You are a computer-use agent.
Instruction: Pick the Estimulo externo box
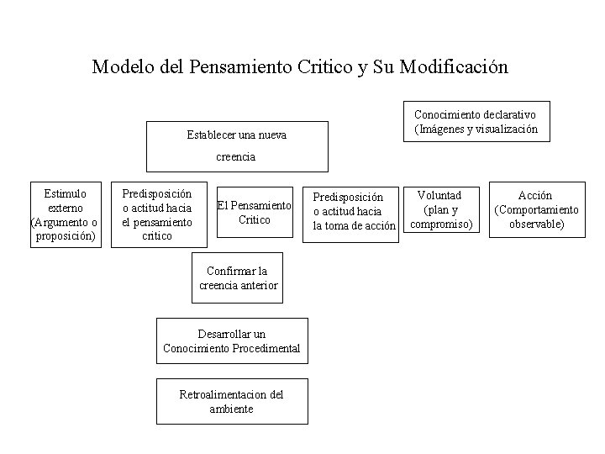[65, 214]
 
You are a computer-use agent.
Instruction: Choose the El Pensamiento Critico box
[255, 213]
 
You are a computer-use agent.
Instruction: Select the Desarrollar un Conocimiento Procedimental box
[232, 340]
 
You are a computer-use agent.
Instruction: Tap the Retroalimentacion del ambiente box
[232, 401]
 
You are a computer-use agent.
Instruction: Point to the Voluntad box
[441, 209]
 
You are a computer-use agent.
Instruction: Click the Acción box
[536, 209]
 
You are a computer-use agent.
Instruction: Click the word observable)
[536, 224]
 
